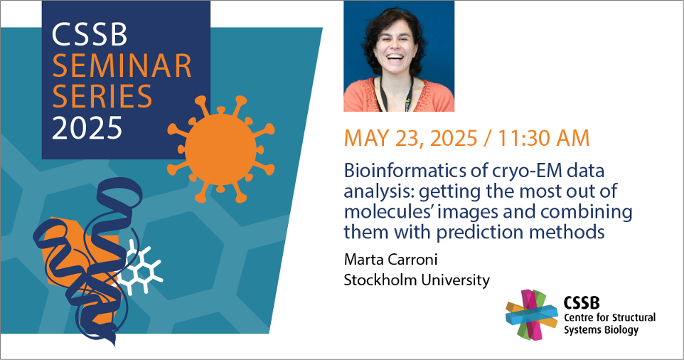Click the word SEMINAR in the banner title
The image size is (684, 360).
(122, 66)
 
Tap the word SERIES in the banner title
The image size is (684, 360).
(102, 97)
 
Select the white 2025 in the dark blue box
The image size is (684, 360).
(87, 127)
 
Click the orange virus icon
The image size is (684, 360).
(221, 149)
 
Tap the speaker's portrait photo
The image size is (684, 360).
(399, 56)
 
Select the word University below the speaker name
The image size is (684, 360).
(454, 280)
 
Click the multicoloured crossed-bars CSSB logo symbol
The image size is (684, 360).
(532, 314)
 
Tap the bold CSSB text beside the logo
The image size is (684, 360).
(582, 302)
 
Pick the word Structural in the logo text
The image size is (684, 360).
(634, 317)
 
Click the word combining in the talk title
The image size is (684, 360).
(587, 213)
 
